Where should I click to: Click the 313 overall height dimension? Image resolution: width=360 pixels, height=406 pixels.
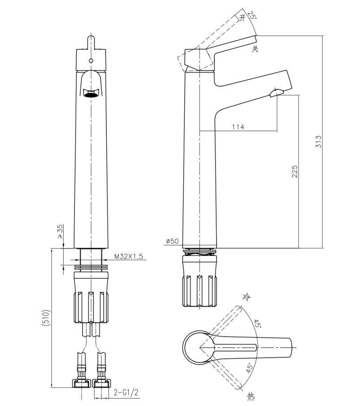coord(318,142)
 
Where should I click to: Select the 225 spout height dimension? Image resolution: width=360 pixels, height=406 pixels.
coord(295,171)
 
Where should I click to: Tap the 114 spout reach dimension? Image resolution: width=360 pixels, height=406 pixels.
coord(238,127)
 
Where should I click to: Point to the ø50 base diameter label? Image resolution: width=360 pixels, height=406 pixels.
coord(172,241)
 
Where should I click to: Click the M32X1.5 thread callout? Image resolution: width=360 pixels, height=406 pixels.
coord(129,256)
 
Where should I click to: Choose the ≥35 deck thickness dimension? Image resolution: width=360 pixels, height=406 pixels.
coord(60,231)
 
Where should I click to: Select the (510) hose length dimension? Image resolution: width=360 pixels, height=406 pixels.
coord(46,317)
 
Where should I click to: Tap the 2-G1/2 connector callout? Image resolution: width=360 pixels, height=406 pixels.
coord(126,393)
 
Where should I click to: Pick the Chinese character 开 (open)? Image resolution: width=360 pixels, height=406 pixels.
coord(242,18)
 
